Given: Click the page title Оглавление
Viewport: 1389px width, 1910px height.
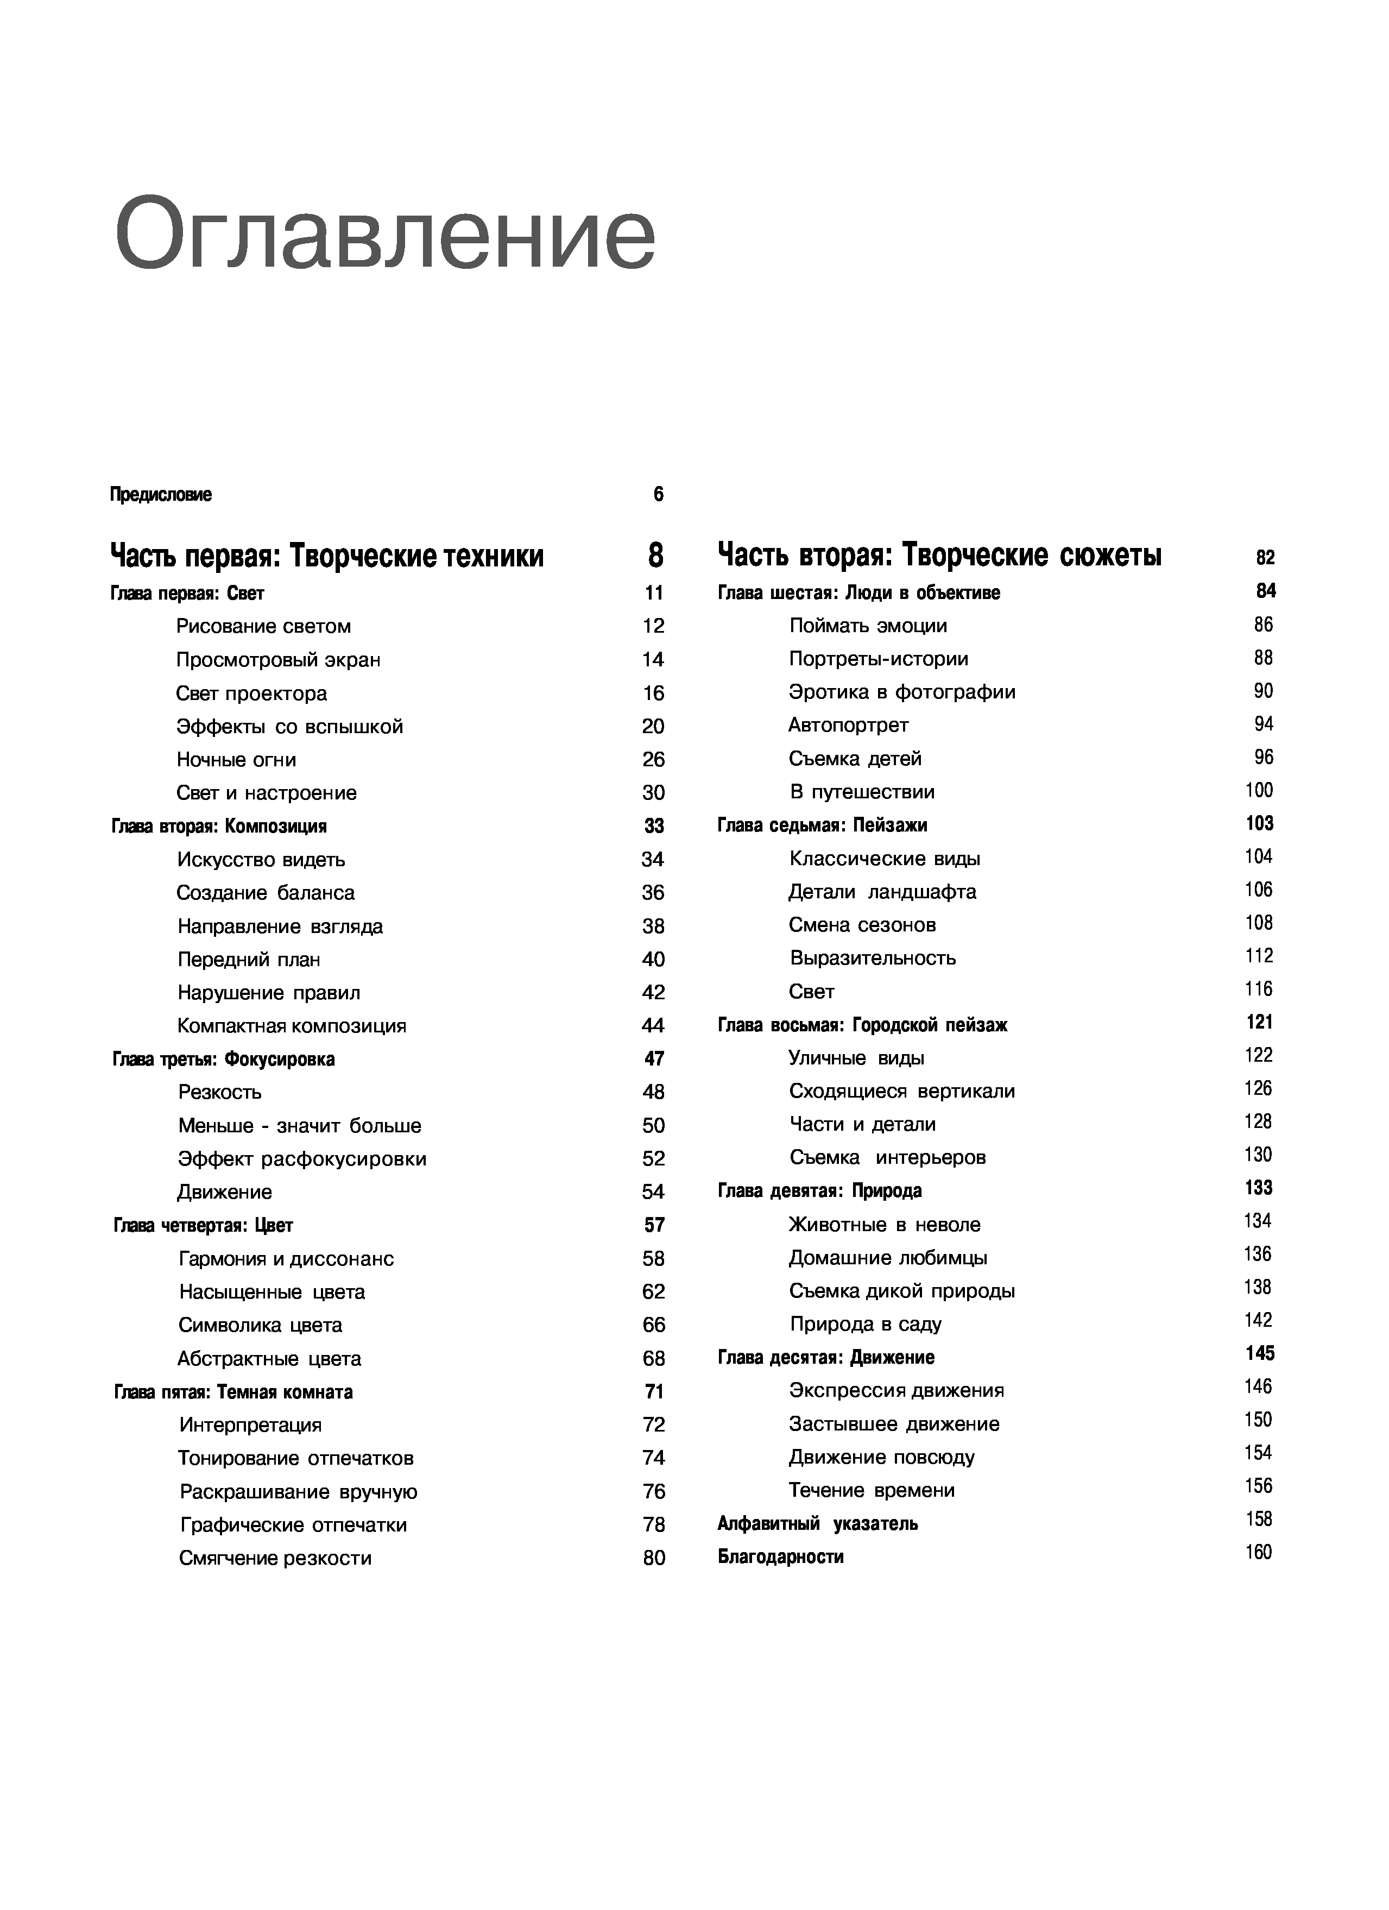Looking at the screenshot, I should [384, 234].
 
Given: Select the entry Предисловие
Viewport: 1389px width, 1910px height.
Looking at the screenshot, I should [161, 494].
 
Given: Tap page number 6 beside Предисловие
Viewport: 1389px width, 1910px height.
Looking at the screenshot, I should [658, 494].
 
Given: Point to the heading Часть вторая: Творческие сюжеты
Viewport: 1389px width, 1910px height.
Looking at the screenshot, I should [939, 556].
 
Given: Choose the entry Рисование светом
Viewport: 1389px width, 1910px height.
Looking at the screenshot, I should [263, 627].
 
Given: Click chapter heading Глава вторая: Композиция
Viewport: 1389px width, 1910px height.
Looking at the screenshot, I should [219, 826].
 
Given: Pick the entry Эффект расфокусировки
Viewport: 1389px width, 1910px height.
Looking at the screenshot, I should [302, 1159].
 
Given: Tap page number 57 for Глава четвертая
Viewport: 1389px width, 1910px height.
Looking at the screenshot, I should [654, 1225].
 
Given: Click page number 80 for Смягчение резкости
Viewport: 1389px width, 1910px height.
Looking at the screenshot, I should [654, 1558].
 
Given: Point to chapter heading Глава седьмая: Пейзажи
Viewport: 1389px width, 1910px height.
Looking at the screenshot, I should [823, 825].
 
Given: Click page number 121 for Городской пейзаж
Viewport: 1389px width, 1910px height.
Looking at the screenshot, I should [1259, 1023].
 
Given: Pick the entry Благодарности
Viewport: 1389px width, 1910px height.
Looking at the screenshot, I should [780, 1556].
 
